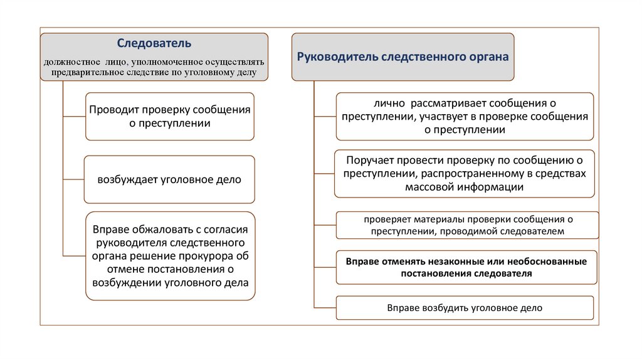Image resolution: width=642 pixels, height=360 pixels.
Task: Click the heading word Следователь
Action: (154, 44)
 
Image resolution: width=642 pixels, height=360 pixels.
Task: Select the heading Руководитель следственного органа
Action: (403, 56)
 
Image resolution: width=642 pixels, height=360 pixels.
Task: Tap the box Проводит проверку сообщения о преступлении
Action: (169, 116)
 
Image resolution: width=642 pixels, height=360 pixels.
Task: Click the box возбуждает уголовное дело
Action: (169, 179)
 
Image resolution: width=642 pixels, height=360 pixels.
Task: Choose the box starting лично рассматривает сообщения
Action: (464, 116)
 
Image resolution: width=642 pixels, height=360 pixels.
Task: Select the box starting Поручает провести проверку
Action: (464, 173)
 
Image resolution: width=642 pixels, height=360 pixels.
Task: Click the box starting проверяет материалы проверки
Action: (467, 225)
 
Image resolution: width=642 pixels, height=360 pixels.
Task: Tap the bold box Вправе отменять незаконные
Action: (466, 267)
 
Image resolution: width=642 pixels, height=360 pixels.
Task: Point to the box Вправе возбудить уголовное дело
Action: (464, 308)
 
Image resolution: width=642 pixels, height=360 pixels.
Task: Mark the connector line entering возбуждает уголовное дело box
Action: (73, 179)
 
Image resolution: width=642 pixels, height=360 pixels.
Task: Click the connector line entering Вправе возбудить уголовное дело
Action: (324, 307)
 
